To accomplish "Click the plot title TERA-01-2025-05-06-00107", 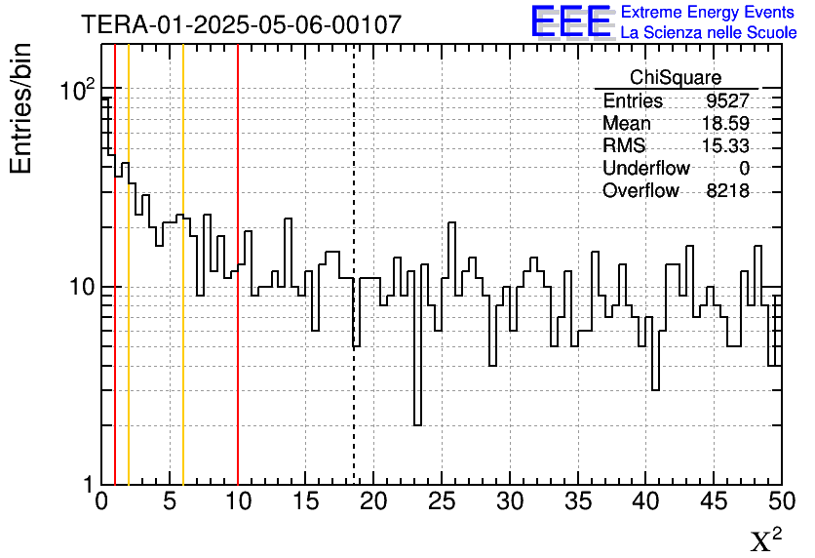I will pyautogui.click(x=241, y=24).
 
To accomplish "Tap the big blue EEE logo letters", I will pyautogui.click(x=570, y=21).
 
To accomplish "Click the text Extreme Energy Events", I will pyautogui.click(x=709, y=13).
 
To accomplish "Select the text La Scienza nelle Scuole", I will pyautogui.click(x=709, y=33).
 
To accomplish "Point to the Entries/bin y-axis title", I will pyautogui.click(x=21, y=109).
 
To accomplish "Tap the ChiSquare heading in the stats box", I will pyautogui.click(x=676, y=78).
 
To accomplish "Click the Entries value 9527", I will pyautogui.click(x=727, y=101).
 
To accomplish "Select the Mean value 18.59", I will pyautogui.click(x=725, y=124).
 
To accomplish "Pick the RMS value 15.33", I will pyautogui.click(x=725, y=146).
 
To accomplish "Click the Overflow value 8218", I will pyautogui.click(x=727, y=191).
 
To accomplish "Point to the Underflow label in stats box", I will pyautogui.click(x=646, y=169).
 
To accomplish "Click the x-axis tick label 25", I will pyautogui.click(x=443, y=503).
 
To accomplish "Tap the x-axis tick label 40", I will pyautogui.click(x=646, y=503).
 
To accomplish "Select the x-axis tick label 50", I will pyautogui.click(x=782, y=503).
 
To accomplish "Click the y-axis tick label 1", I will pyautogui.click(x=88, y=485).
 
